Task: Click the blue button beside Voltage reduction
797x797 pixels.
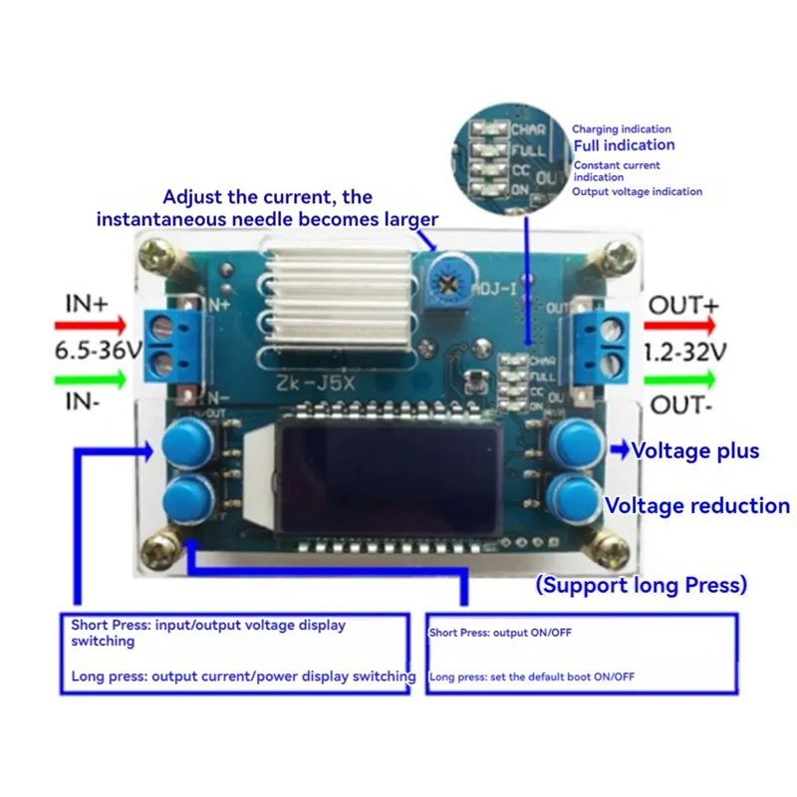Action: pos(574,494)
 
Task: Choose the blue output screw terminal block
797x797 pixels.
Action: pos(602,345)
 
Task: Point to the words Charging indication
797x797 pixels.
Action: pos(621,130)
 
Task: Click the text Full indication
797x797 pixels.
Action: pos(624,145)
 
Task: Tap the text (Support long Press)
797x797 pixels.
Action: pos(642,585)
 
